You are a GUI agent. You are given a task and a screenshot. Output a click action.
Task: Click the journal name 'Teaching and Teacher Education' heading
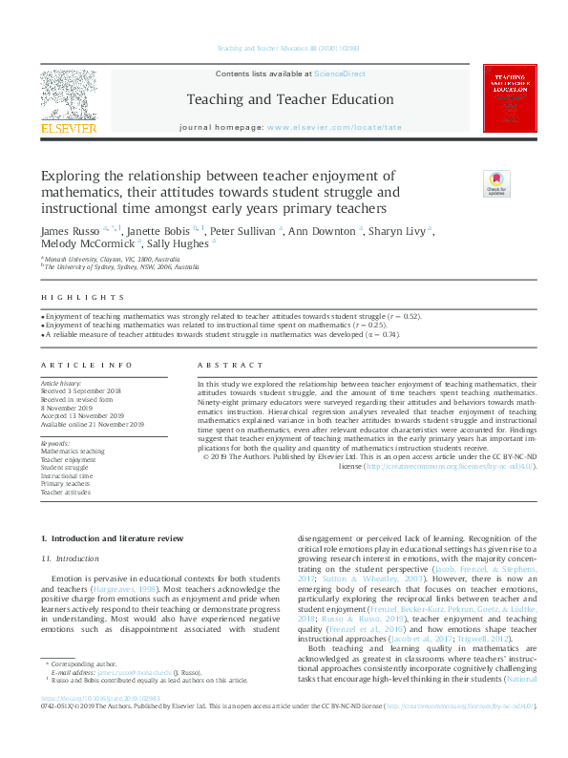point(289,99)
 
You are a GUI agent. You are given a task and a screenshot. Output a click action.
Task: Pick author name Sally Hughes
point(179,243)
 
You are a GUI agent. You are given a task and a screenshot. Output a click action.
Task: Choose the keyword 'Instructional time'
point(67,475)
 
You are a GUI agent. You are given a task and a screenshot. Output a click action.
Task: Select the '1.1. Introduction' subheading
point(72,558)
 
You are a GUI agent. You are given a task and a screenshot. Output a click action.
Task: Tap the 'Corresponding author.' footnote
point(82,688)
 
